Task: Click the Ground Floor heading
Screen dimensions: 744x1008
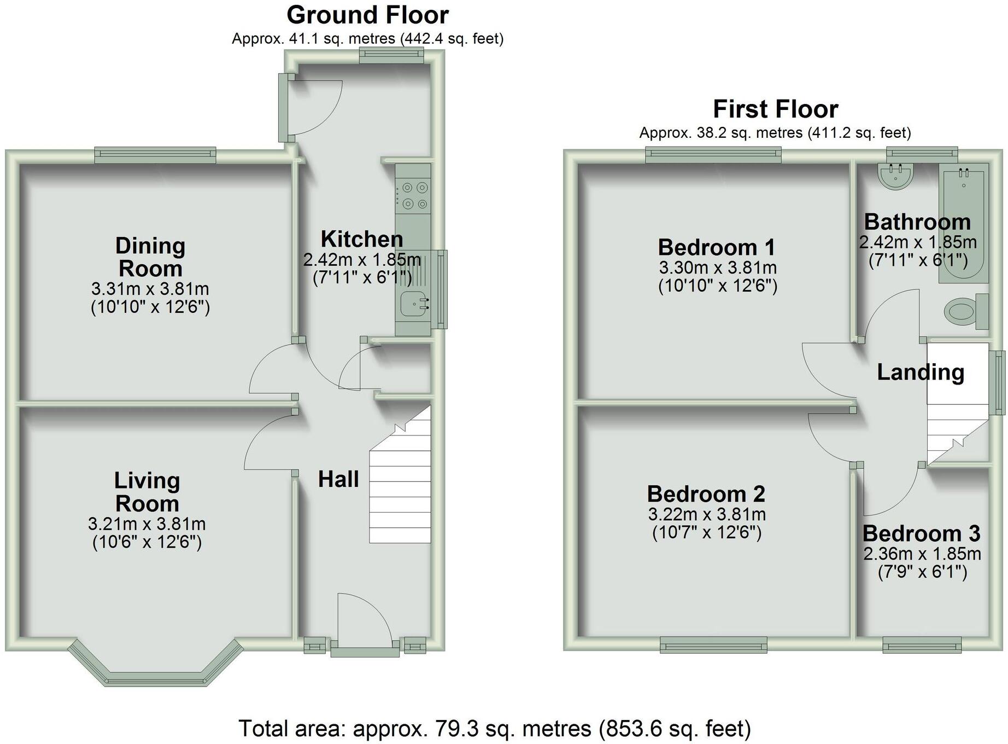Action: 367,15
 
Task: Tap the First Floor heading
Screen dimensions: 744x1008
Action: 775,109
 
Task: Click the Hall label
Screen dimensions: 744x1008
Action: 338,479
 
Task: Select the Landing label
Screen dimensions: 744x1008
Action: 921,373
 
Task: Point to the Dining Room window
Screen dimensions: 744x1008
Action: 155,155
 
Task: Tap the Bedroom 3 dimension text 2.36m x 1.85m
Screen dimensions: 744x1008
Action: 922,554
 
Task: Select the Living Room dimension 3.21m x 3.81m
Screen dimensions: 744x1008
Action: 146,524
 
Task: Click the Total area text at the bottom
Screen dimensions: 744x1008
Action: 495,729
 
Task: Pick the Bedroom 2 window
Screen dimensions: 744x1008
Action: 713,645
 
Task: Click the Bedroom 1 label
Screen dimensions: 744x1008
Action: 717,248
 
